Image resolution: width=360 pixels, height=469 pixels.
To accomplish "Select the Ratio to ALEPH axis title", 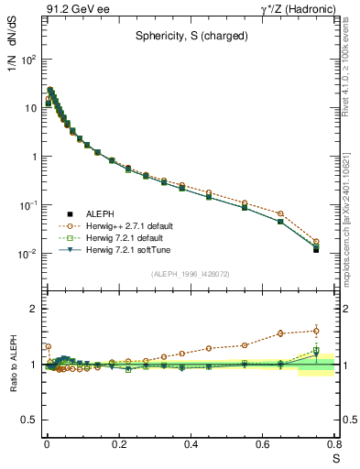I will [13, 364].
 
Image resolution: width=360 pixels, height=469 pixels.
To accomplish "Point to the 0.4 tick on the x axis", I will [191, 444].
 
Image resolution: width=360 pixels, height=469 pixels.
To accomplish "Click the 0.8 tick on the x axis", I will [334, 444].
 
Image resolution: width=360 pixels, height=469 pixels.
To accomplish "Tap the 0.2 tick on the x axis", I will [118, 444].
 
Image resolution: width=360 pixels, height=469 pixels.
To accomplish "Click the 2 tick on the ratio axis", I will [35, 309].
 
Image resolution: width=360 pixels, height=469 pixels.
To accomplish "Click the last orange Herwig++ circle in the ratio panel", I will [316, 331].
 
